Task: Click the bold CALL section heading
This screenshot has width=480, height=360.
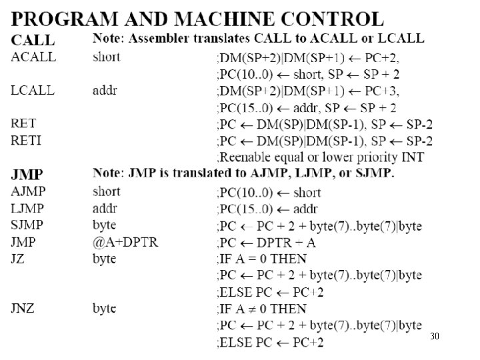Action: [x=33, y=39]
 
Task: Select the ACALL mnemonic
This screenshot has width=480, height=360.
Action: [x=34, y=57]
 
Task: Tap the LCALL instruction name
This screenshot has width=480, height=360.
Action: [x=33, y=91]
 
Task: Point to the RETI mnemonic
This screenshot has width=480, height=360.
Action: [x=26, y=141]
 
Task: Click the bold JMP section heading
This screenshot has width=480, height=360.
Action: [x=27, y=175]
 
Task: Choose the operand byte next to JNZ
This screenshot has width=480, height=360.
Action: [x=104, y=308]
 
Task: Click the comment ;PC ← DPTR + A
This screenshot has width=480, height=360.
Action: [x=267, y=242]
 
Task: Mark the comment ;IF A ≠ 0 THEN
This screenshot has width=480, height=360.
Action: [x=262, y=309]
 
